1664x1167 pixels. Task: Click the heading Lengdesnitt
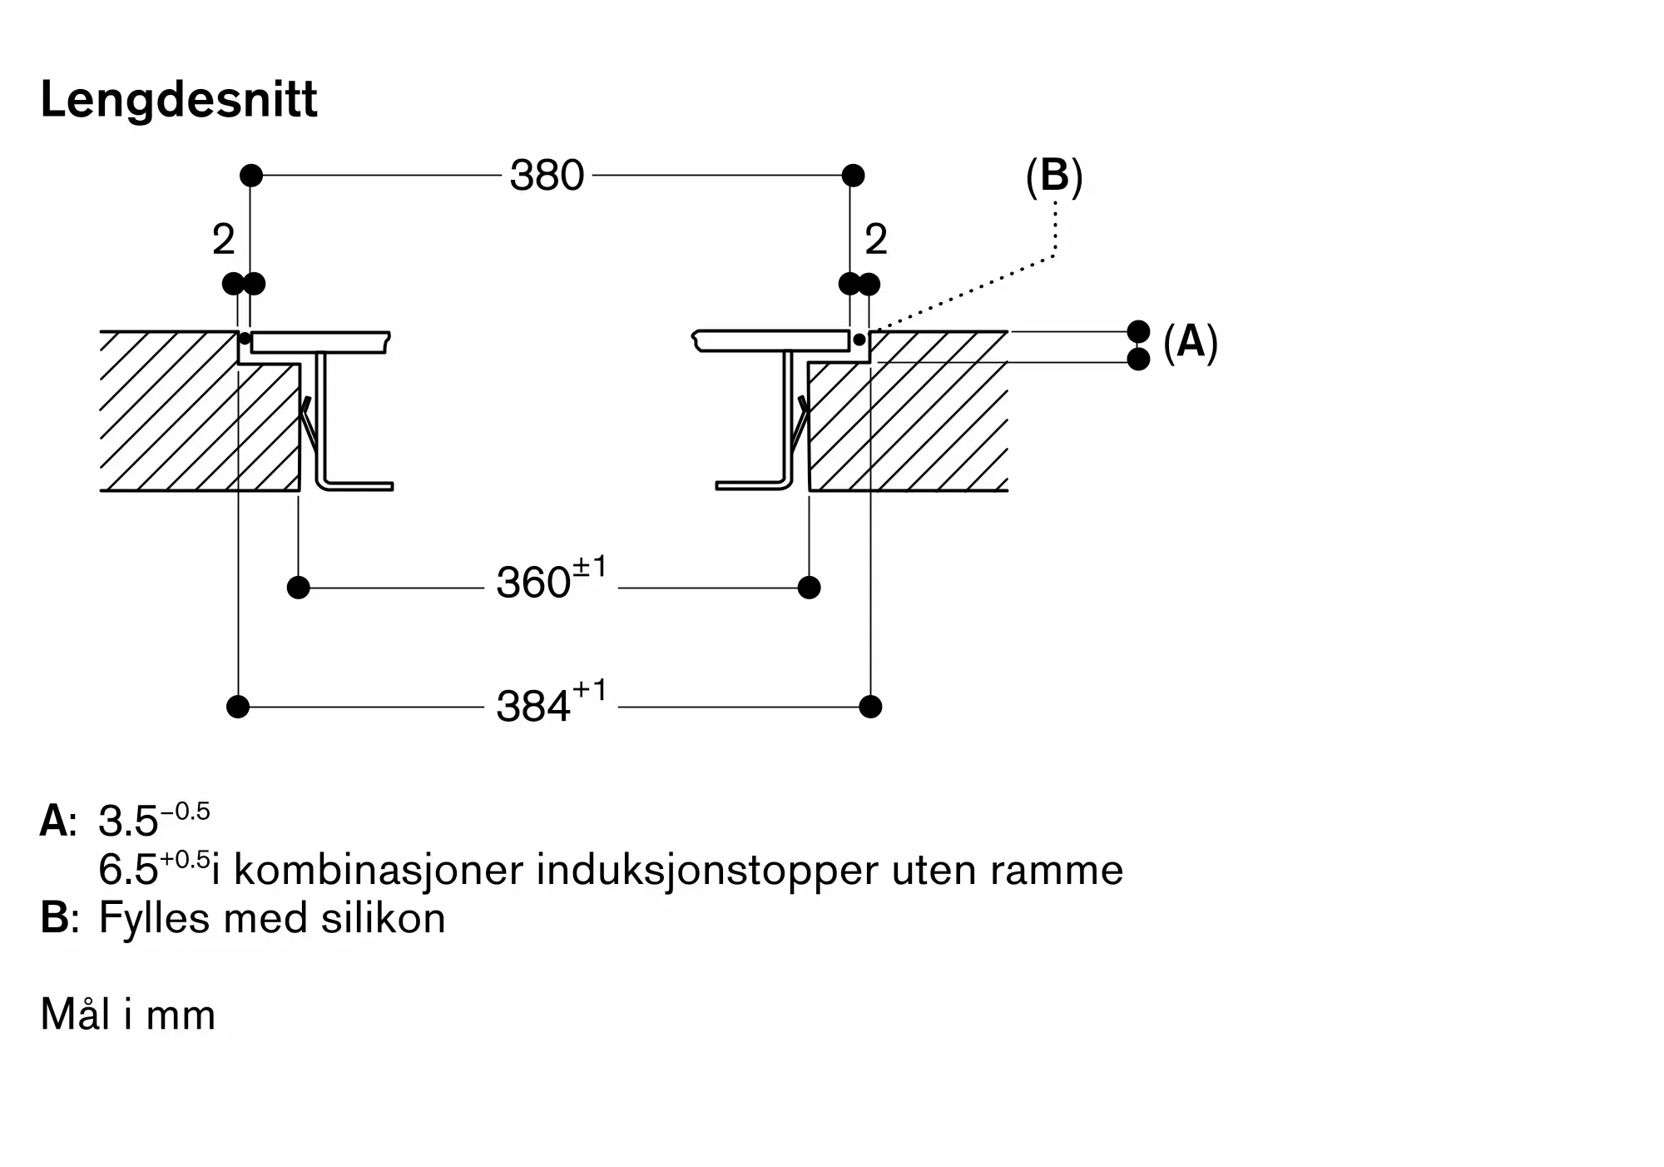pos(178,101)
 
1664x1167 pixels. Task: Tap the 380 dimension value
pos(547,176)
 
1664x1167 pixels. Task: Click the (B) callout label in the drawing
pos(1054,176)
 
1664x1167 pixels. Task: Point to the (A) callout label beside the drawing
pos(1190,342)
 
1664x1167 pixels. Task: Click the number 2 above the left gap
pos(224,241)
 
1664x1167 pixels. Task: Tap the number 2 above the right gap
pos(876,241)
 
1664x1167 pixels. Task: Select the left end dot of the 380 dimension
pos(251,176)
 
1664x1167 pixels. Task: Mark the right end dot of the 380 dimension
pos(853,176)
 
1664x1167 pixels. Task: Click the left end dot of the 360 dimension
pos(298,588)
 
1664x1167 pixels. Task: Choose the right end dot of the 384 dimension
pos(870,707)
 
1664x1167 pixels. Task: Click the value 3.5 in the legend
pos(128,822)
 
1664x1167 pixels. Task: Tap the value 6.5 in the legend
pos(128,871)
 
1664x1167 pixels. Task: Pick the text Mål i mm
pos(128,1015)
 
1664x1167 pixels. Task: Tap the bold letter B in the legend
pos(55,919)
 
